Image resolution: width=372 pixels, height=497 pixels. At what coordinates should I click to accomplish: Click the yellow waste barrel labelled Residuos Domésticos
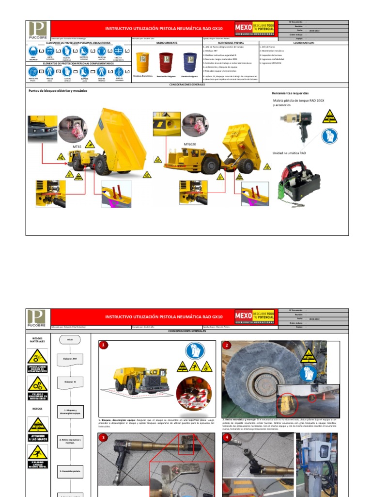click(143, 62)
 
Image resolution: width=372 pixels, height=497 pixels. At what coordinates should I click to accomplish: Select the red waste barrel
click(166, 62)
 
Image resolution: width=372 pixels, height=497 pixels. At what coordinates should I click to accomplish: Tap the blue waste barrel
click(190, 62)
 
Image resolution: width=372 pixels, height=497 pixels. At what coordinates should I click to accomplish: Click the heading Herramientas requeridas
click(290, 93)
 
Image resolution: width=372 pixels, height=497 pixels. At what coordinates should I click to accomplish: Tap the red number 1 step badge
click(104, 345)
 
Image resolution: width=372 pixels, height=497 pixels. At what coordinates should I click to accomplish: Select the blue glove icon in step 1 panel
click(195, 350)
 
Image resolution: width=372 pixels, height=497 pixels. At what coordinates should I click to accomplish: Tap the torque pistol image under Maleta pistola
click(300, 123)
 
